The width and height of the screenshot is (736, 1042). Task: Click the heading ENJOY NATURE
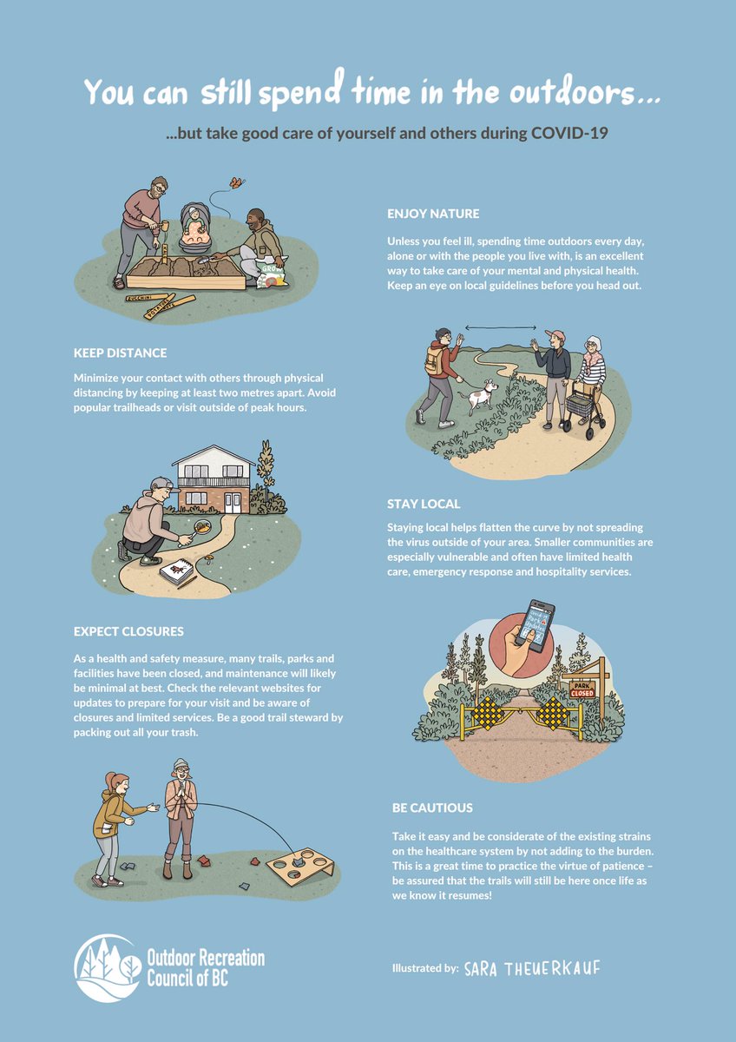(x=432, y=214)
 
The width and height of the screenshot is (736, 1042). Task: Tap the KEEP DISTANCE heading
(x=120, y=353)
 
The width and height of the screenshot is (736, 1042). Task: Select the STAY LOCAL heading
(x=424, y=504)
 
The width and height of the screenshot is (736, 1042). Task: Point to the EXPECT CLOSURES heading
(x=128, y=631)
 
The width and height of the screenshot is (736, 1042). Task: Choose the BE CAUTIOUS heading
(x=432, y=808)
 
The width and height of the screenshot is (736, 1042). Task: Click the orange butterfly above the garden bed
(x=235, y=183)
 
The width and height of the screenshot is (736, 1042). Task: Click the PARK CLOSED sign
(x=582, y=690)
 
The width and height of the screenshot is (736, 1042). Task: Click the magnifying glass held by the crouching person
(x=203, y=526)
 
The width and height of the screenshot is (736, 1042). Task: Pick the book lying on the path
(x=178, y=574)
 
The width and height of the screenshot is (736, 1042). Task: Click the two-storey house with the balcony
(x=213, y=482)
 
